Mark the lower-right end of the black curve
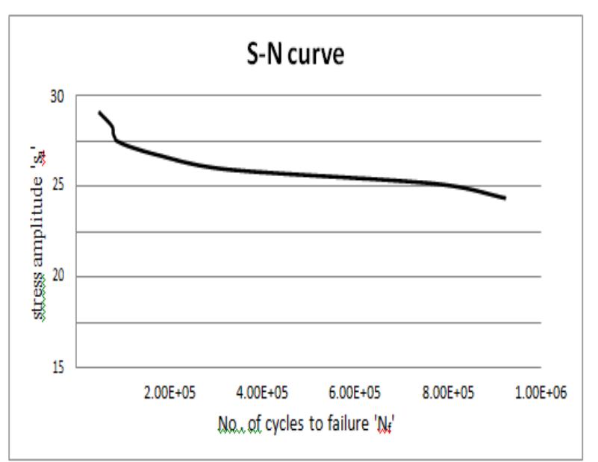(x=505, y=198)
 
